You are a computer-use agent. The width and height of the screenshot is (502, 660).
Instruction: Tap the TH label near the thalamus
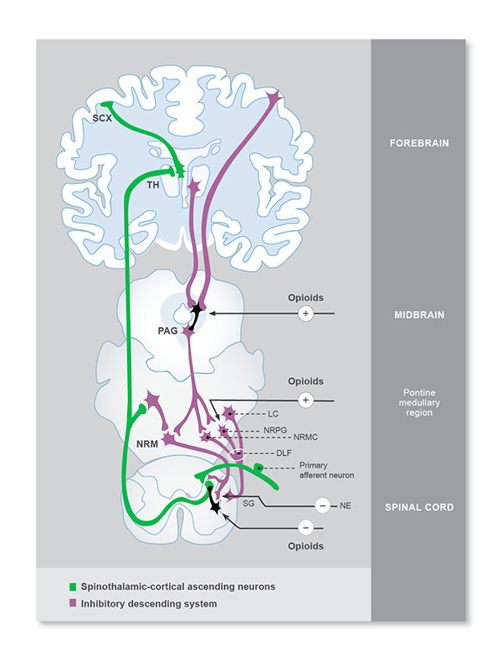[153, 187]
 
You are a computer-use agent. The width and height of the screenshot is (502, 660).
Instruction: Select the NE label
[345, 506]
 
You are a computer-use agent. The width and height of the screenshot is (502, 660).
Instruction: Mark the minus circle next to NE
[322, 506]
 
